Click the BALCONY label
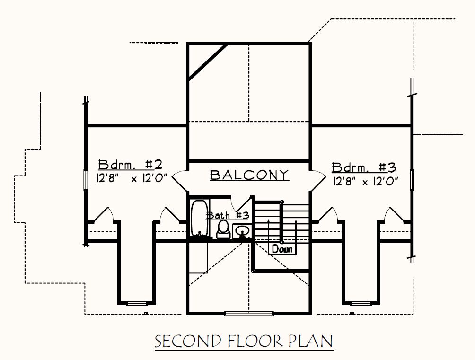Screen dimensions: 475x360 [249, 175]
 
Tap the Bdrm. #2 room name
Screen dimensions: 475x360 [130, 165]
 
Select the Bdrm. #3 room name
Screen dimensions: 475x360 [364, 167]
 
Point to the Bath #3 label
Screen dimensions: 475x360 [228, 215]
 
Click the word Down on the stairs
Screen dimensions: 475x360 [282, 249]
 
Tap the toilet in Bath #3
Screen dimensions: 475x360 [224, 229]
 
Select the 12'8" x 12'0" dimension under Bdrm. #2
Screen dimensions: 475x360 [132, 178]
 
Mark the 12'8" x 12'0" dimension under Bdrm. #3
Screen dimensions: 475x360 [365, 182]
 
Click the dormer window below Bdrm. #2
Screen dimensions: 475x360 [136, 303]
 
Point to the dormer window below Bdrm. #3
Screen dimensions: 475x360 [361, 303]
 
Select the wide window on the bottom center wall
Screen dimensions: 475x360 [249, 313]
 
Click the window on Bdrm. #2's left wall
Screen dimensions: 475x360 [86, 180]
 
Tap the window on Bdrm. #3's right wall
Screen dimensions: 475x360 [412, 180]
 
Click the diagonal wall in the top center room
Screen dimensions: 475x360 [208, 62]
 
